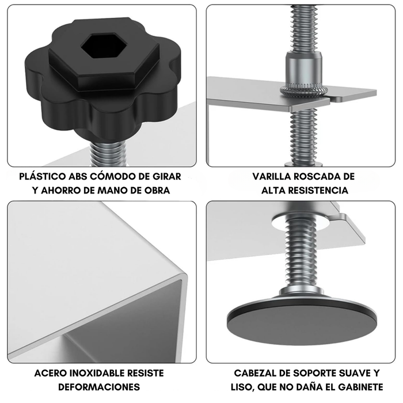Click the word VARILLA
pos(272,177)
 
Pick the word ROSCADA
pos(320,177)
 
